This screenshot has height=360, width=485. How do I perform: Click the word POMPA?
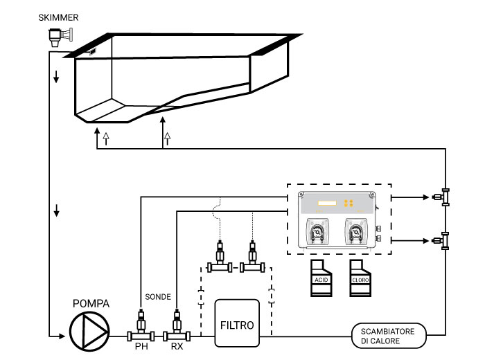91,305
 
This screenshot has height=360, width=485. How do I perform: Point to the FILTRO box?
237,323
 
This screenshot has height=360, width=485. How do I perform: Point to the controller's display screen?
326,204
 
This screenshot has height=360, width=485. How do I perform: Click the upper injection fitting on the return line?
441,197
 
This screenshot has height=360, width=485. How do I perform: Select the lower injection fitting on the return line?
441,240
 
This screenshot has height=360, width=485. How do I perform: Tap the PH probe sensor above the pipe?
141,323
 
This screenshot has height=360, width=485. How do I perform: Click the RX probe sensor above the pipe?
177,323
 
